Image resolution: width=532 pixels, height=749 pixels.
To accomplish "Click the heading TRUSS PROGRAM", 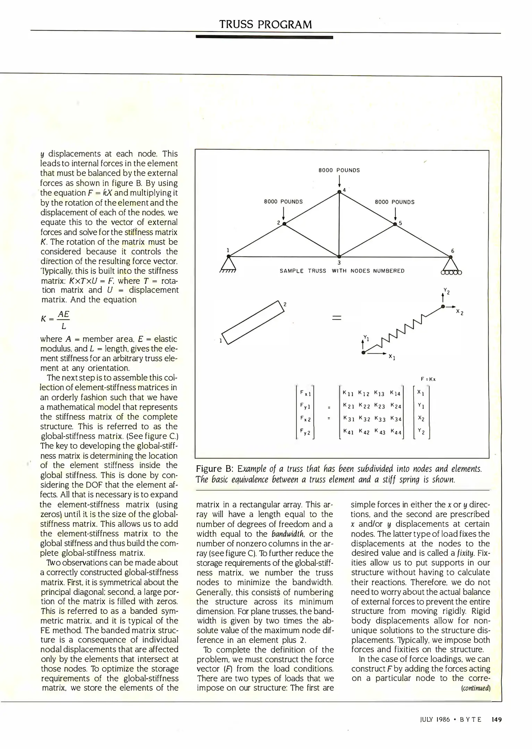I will click(265, 24).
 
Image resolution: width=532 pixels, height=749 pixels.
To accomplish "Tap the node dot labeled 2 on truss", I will click(284, 224).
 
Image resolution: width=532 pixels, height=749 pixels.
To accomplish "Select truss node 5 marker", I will click(395, 224).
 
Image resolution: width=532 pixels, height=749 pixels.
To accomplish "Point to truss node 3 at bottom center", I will click(339, 257).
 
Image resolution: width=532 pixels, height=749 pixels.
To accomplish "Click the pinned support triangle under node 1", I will click(228, 266).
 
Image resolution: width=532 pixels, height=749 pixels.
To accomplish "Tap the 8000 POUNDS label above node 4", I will click(339, 170).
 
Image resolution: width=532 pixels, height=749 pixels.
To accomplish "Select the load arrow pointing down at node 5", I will click(395, 214).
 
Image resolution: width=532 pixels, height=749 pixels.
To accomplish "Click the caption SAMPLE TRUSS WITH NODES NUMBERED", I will click(342, 271).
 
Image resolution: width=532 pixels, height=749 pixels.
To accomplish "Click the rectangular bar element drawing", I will click(253, 322).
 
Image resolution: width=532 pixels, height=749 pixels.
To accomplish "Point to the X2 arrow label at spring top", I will click(459, 312).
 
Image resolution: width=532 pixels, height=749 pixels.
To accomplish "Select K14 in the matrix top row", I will click(395, 393).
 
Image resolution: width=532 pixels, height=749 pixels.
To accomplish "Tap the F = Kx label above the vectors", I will click(428, 379).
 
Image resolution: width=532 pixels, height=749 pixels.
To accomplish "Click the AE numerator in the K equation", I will click(64, 314).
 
